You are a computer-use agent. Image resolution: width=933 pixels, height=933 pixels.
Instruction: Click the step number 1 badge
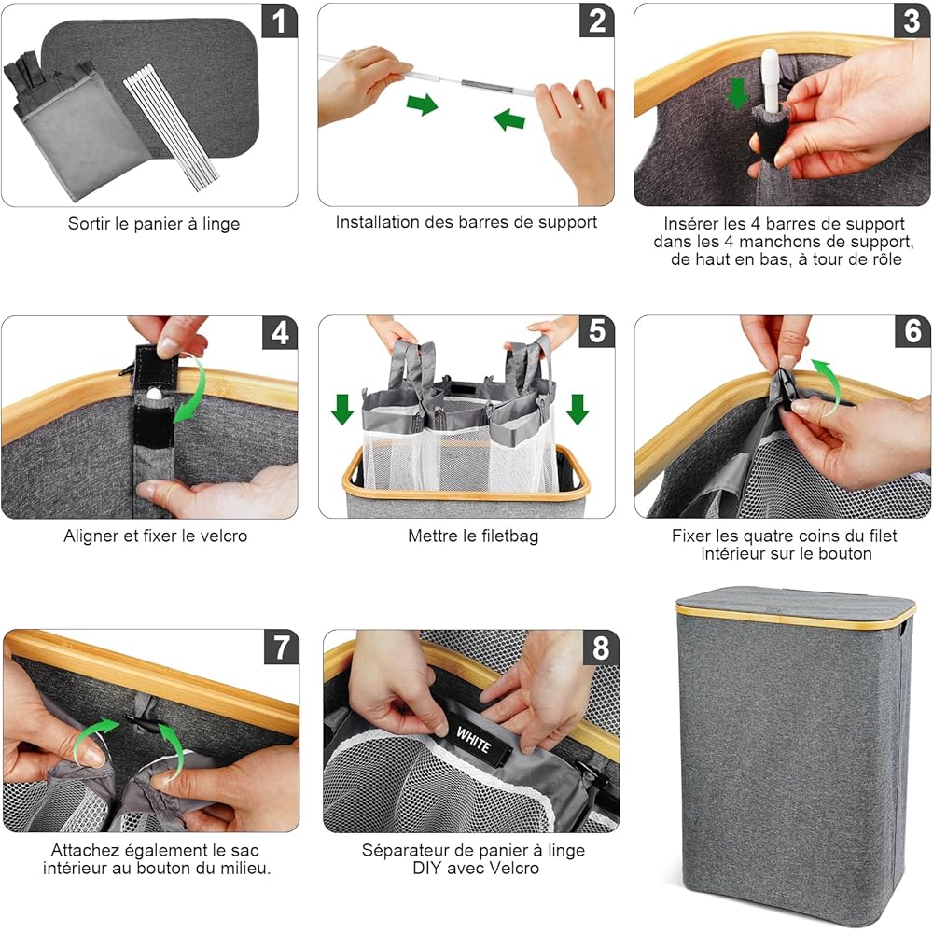click(279, 21)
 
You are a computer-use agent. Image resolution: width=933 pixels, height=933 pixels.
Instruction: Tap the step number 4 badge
click(280, 333)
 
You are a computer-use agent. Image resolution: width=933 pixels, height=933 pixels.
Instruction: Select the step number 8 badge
click(601, 648)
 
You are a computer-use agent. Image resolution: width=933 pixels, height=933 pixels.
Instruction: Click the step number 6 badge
click(912, 331)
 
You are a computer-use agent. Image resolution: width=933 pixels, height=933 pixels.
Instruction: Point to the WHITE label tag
click(474, 739)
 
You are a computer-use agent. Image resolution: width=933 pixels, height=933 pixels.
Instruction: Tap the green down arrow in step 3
click(737, 94)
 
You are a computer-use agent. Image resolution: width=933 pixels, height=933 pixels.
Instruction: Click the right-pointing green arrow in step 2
click(423, 104)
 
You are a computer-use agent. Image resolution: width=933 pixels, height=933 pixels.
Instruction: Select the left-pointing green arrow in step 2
click(509, 118)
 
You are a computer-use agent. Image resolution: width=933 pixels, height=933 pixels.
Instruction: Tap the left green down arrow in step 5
click(342, 409)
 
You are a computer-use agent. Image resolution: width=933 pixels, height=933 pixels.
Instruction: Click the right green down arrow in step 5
click(578, 409)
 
